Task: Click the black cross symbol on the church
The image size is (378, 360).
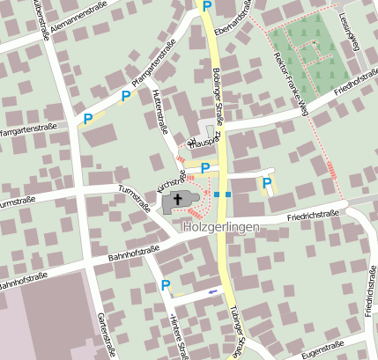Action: (x=179, y=200)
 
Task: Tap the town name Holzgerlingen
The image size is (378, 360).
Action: (x=221, y=226)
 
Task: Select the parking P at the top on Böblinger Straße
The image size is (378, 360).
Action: (x=206, y=6)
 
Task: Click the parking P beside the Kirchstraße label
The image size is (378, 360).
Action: (x=205, y=167)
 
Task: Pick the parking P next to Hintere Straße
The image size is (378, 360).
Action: (x=166, y=284)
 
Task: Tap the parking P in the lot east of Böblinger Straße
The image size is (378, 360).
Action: (x=267, y=183)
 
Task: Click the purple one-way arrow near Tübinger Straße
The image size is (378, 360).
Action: (x=212, y=290)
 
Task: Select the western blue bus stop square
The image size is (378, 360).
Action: (x=217, y=194)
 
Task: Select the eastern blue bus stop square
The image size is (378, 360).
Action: (x=228, y=194)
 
